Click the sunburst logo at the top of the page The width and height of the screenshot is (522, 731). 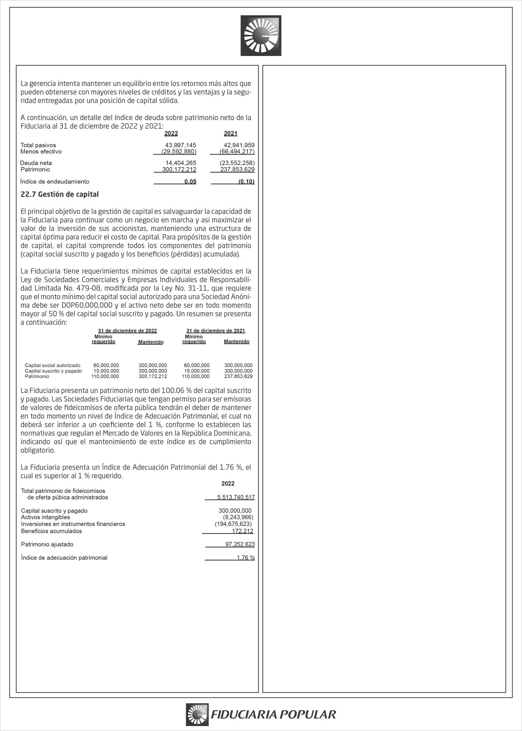(x=261, y=36)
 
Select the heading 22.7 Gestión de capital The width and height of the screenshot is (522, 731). (x=60, y=194)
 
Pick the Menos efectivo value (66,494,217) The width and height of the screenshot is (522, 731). (x=237, y=151)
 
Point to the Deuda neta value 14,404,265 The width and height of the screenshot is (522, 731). (x=181, y=163)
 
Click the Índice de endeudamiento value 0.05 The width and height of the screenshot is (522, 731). (x=190, y=181)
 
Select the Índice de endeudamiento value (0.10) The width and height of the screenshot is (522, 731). (x=246, y=181)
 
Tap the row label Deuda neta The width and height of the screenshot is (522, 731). (x=36, y=163)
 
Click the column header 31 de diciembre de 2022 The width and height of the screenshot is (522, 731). (x=127, y=331)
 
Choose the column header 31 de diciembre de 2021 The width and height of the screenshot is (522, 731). (x=216, y=331)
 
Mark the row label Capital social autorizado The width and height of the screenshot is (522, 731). (x=53, y=365)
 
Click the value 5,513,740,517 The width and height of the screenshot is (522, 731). (x=236, y=497)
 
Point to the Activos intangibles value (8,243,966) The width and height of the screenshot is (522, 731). (x=238, y=517)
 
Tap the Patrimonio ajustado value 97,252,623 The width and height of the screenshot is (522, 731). (x=240, y=544)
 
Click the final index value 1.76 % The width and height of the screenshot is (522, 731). (x=246, y=558)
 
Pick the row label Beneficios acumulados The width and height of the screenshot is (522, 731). (x=52, y=531)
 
